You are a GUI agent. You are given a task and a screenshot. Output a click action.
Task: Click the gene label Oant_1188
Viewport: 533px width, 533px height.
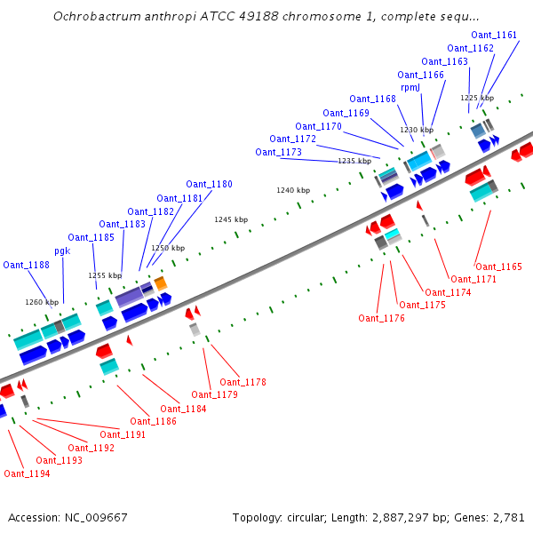point(26,265)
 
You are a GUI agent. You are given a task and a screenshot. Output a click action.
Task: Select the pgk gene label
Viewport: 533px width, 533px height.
point(62,251)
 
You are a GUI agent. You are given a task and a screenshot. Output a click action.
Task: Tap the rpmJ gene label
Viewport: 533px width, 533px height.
point(410,88)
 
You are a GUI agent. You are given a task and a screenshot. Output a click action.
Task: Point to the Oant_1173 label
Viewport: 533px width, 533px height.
point(278,152)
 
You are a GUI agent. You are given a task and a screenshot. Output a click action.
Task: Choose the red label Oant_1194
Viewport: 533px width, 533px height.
point(27,473)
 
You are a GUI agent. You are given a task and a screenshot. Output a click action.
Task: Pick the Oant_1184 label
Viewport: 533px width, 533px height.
point(184,409)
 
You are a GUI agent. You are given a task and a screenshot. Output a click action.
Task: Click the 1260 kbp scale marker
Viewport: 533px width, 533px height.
point(42,302)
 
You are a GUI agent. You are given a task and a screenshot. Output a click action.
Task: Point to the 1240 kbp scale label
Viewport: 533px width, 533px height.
point(293,190)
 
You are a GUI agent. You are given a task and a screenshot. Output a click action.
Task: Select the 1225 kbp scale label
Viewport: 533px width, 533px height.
point(477,98)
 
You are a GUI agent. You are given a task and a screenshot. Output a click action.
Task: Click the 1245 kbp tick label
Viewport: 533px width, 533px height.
point(231,219)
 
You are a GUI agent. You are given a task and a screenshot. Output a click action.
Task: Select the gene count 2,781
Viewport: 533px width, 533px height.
point(507,517)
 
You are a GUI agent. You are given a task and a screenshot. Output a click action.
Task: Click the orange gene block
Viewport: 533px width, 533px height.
point(160,283)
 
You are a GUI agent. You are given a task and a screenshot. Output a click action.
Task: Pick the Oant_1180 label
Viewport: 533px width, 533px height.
point(209,185)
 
